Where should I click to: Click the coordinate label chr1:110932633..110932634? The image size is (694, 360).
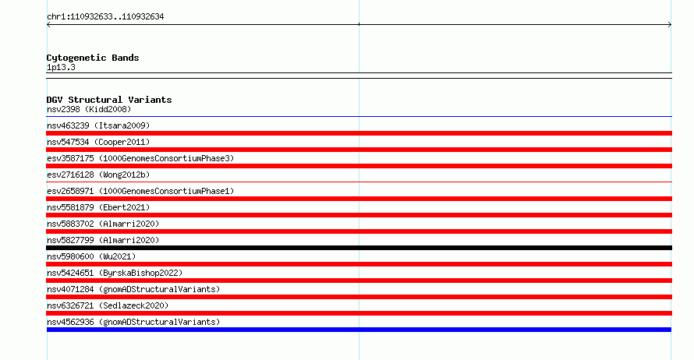click(105, 17)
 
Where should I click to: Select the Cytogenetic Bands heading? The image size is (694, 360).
click(93, 58)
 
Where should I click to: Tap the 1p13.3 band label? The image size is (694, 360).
click(61, 67)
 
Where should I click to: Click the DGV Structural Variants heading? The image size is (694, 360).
click(109, 100)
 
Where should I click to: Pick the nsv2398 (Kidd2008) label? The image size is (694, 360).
click(89, 109)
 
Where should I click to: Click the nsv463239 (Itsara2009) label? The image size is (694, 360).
click(98, 125)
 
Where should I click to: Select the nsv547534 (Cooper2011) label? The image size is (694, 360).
click(98, 142)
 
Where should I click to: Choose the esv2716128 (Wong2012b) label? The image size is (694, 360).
click(98, 175)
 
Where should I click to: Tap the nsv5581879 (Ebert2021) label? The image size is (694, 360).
click(98, 207)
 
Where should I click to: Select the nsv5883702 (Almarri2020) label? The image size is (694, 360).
click(103, 224)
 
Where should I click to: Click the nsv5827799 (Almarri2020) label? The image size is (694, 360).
click(103, 240)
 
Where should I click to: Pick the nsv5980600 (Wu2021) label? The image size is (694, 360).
click(91, 256)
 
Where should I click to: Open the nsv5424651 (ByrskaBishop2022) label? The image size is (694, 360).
click(115, 273)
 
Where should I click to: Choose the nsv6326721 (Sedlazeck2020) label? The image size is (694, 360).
click(108, 305)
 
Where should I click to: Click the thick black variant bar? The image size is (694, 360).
click(359, 248)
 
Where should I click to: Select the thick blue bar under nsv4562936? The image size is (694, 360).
click(359, 330)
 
